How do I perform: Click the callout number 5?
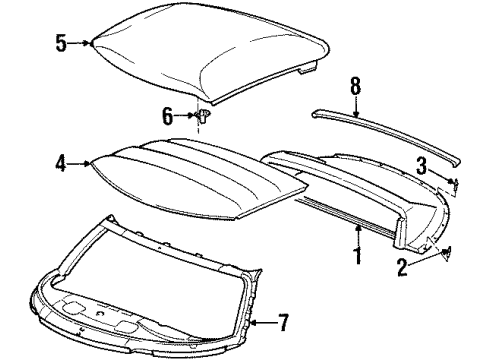coord(59,43)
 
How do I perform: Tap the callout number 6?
coord(167,116)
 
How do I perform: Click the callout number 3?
coord(422,162)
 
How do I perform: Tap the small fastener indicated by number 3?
coord(454,182)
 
